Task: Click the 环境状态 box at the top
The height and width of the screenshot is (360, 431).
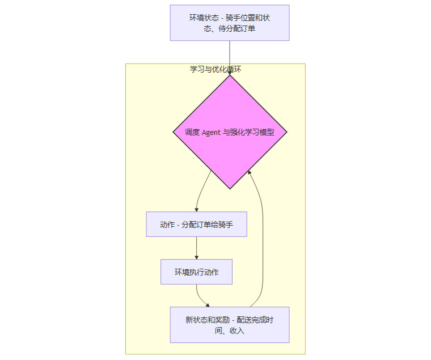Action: click(x=230, y=23)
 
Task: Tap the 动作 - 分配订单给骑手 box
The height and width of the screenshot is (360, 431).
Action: click(x=196, y=225)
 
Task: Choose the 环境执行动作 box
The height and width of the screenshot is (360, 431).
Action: click(x=196, y=272)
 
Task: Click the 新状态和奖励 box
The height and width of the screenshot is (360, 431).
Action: click(x=230, y=325)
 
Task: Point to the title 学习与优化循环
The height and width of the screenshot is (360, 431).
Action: click(x=216, y=69)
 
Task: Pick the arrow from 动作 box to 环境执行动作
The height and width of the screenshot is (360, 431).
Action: click(x=196, y=247)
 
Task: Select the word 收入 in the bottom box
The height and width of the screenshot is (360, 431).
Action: click(x=237, y=331)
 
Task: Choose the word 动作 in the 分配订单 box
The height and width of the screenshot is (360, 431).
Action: click(x=167, y=225)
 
